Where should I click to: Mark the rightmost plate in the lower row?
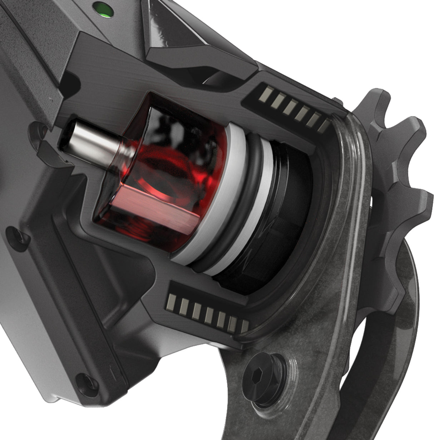244,326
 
